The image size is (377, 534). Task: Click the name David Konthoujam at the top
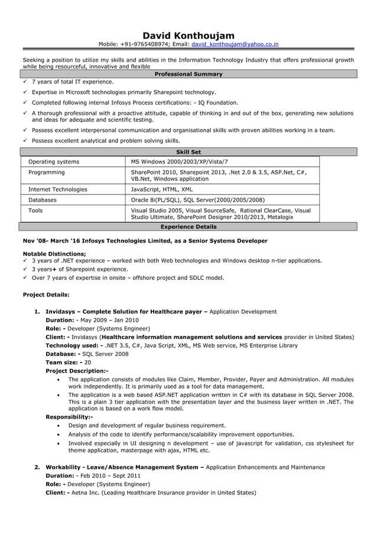(188, 36)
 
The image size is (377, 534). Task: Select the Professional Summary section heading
(188, 74)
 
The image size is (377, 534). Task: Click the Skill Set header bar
(188, 152)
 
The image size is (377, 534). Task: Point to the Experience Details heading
(188, 226)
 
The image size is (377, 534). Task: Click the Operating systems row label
(54, 161)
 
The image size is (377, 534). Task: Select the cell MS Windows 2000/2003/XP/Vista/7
(179, 161)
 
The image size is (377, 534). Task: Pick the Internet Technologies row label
(58, 189)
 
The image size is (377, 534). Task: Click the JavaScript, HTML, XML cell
(161, 189)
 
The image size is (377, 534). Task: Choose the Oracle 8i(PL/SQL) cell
(197, 200)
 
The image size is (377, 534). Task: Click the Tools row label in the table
(35, 210)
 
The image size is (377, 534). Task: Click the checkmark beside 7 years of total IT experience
(25, 82)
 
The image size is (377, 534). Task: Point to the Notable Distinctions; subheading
(54, 253)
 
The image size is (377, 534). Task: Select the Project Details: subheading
(45, 294)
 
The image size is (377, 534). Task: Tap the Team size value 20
(88, 363)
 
